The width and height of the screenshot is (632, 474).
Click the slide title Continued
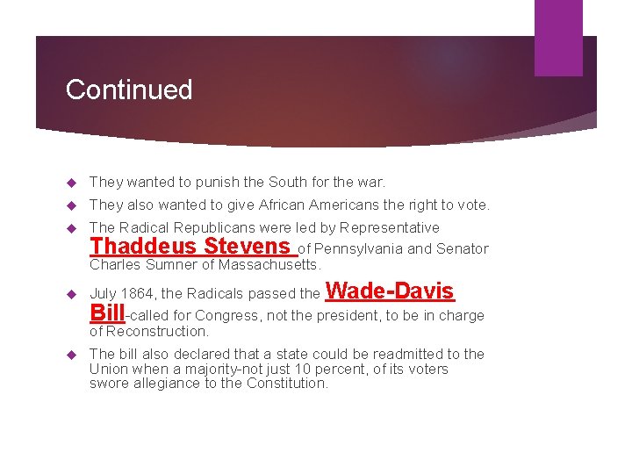pyautogui.click(x=129, y=90)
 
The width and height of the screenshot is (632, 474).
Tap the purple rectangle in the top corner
pyautogui.click(x=558, y=37)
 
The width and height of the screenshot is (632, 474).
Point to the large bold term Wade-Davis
pyautogui.click(x=391, y=291)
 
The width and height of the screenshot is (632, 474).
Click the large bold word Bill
pyautogui.click(x=107, y=313)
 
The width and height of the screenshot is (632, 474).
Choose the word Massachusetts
pyautogui.click(x=269, y=265)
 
